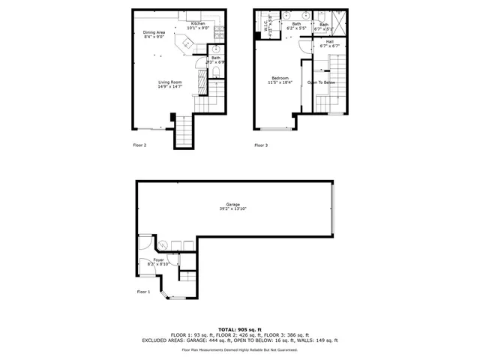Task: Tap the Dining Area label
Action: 154,32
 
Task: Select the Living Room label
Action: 169,82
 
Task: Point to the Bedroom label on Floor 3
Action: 280,77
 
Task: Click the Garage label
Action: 233,204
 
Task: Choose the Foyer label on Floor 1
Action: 159,259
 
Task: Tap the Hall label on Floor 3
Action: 330,42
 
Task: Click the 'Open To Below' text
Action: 321,82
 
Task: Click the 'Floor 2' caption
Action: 140,145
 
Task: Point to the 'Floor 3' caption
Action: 261,145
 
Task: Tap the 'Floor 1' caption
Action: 143,291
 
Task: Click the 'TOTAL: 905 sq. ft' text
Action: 240,329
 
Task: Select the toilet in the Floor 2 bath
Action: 216,72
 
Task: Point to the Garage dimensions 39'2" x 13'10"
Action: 233,208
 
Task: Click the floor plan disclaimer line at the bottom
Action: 240,350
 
